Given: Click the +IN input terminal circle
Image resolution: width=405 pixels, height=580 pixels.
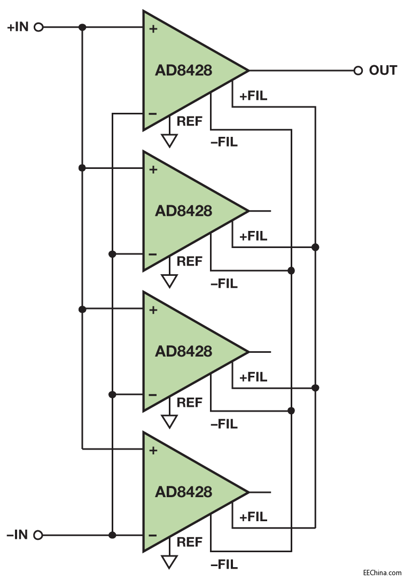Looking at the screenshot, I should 38,27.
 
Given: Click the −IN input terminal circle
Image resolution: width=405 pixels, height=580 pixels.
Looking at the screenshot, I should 38,535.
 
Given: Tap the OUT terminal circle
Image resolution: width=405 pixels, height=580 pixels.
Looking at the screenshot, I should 358,71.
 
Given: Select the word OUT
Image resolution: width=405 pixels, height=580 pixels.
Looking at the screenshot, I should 383,71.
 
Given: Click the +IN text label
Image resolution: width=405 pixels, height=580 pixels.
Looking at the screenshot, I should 18,27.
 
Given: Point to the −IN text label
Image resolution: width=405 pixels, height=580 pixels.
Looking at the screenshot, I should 17,535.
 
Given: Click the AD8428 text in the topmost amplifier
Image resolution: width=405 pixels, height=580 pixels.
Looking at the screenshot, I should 183,71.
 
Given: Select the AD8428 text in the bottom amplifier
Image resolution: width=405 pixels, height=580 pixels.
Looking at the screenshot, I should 183,492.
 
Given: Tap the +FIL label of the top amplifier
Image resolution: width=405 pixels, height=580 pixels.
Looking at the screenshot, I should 253,96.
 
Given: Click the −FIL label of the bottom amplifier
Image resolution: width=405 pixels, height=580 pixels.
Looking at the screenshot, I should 224,564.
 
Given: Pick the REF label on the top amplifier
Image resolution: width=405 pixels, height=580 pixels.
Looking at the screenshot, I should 190,121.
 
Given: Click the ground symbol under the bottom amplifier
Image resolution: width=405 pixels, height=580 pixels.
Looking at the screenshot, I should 169,561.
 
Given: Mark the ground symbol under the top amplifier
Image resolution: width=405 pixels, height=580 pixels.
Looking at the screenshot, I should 169,141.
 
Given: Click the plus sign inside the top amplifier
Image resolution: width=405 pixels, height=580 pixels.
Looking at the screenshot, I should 153,29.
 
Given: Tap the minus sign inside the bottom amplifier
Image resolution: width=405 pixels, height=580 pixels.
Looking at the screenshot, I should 153,535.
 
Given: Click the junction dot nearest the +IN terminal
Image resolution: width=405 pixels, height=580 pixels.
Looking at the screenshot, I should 82,27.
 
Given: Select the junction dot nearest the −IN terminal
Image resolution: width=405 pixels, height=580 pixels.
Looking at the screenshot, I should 112,535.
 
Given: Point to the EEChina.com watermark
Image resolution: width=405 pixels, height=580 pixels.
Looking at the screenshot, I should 382,572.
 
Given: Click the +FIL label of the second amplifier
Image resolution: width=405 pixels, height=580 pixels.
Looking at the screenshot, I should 253,236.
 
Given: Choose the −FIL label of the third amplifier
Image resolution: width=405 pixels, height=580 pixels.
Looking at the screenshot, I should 224,424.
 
